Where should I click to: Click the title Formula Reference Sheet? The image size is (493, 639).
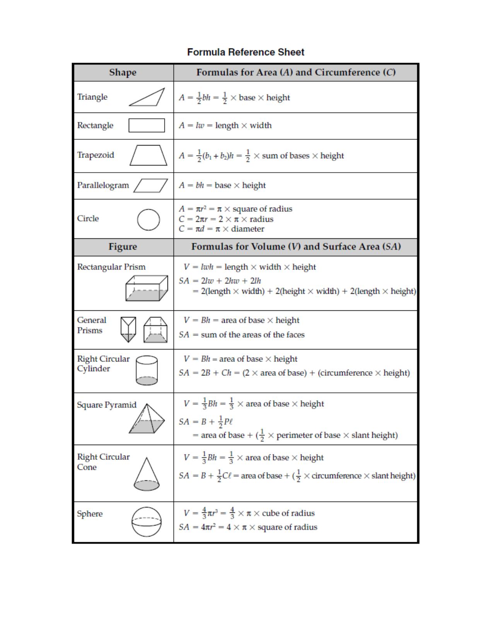(x=246, y=52)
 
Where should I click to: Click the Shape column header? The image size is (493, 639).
(x=123, y=72)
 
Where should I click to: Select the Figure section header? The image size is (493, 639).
(x=123, y=247)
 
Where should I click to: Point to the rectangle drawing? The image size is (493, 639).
(x=147, y=125)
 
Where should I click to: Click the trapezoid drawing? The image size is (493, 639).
(x=148, y=156)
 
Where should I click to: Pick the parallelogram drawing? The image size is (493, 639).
(x=151, y=185)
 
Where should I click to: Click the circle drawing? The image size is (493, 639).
(x=148, y=220)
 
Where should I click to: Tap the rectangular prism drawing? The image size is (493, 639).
(x=147, y=288)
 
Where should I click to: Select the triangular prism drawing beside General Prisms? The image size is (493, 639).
(x=128, y=329)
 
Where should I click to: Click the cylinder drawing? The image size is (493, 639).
(x=147, y=370)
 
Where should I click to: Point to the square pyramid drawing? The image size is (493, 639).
(x=147, y=420)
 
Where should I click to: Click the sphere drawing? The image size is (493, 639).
(x=147, y=522)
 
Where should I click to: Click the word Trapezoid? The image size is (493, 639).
(x=96, y=155)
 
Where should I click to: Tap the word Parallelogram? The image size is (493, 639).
(x=103, y=185)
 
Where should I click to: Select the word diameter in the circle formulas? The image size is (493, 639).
(x=247, y=229)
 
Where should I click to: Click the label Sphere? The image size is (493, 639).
(x=90, y=514)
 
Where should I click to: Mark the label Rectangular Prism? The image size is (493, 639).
(x=111, y=267)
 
